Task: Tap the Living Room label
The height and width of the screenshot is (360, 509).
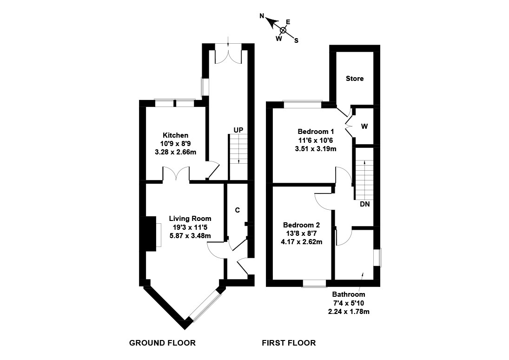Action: [x=190, y=219]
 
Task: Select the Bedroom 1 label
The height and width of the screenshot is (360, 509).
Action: [x=316, y=132]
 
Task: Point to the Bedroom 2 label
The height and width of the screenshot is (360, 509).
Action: [x=302, y=225]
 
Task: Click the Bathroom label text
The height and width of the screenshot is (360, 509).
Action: [x=349, y=294]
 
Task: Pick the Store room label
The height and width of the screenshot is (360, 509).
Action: [x=355, y=79]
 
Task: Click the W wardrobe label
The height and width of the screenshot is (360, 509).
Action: [x=364, y=127]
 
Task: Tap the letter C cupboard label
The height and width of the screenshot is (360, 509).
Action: [x=237, y=210]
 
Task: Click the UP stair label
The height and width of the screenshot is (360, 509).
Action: [x=238, y=130]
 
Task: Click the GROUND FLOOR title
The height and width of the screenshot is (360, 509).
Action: [x=162, y=343]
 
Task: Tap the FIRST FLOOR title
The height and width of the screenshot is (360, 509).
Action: [x=289, y=343]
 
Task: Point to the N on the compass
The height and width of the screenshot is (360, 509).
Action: [x=262, y=16]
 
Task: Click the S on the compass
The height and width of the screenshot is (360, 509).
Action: [x=296, y=40]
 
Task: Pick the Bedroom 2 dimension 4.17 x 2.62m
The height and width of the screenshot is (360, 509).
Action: [x=302, y=241]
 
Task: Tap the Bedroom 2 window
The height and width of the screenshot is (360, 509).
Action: [x=314, y=283]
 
